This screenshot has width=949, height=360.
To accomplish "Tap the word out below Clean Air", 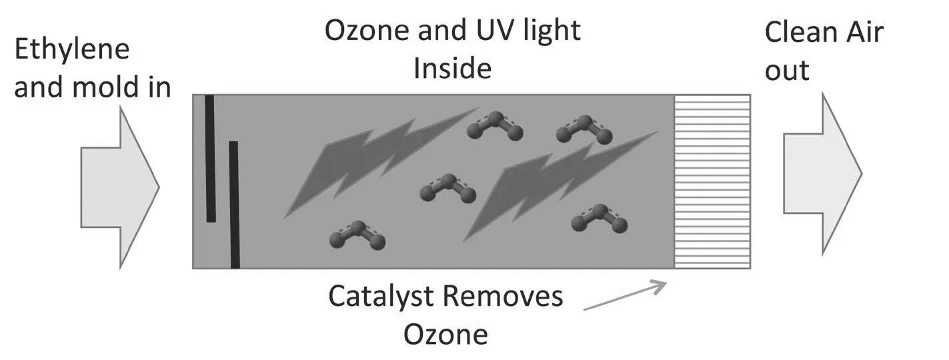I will pos(787,70).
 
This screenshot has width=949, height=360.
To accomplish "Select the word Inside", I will pos(452,68).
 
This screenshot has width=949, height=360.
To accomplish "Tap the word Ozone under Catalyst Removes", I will pos(445,334).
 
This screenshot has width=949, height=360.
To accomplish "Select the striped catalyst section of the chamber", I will pos(712,181).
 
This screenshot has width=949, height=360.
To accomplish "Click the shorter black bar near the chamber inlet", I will pos(210,159).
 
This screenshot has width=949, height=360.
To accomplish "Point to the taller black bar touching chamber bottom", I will pos(234,204).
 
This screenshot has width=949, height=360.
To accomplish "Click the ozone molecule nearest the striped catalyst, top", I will pos(584,130).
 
